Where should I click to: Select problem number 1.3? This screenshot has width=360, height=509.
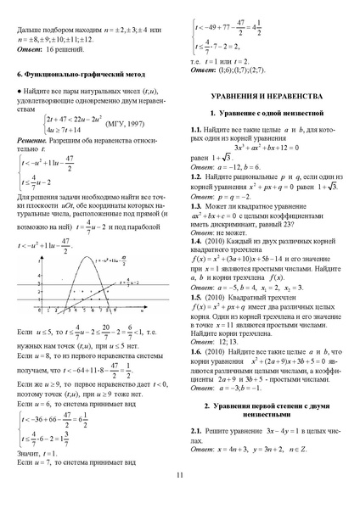pyautogui.click(x=197, y=207)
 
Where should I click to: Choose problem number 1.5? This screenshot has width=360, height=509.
pyautogui.click(x=197, y=298)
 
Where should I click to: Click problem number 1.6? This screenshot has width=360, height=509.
pyautogui.click(x=197, y=350)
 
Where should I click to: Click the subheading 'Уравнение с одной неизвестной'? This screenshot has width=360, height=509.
pyautogui.click(x=269, y=112)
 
